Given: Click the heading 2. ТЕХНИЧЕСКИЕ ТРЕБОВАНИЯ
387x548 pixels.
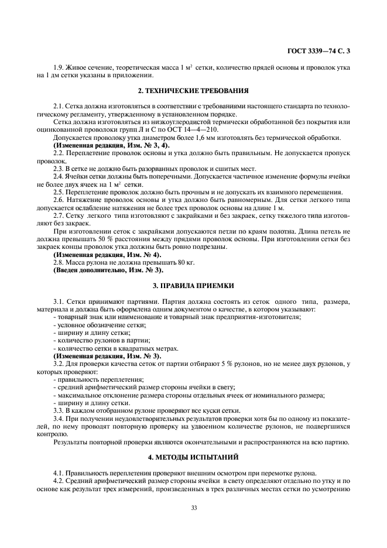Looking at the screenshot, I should tap(193, 91).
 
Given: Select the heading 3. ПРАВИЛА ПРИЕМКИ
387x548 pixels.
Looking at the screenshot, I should tap(193, 286).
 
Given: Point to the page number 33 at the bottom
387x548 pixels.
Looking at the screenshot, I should tap(193, 507).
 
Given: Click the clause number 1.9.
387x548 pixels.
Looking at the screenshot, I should tap(58, 68).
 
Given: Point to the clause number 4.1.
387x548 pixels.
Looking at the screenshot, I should tap(59, 472).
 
